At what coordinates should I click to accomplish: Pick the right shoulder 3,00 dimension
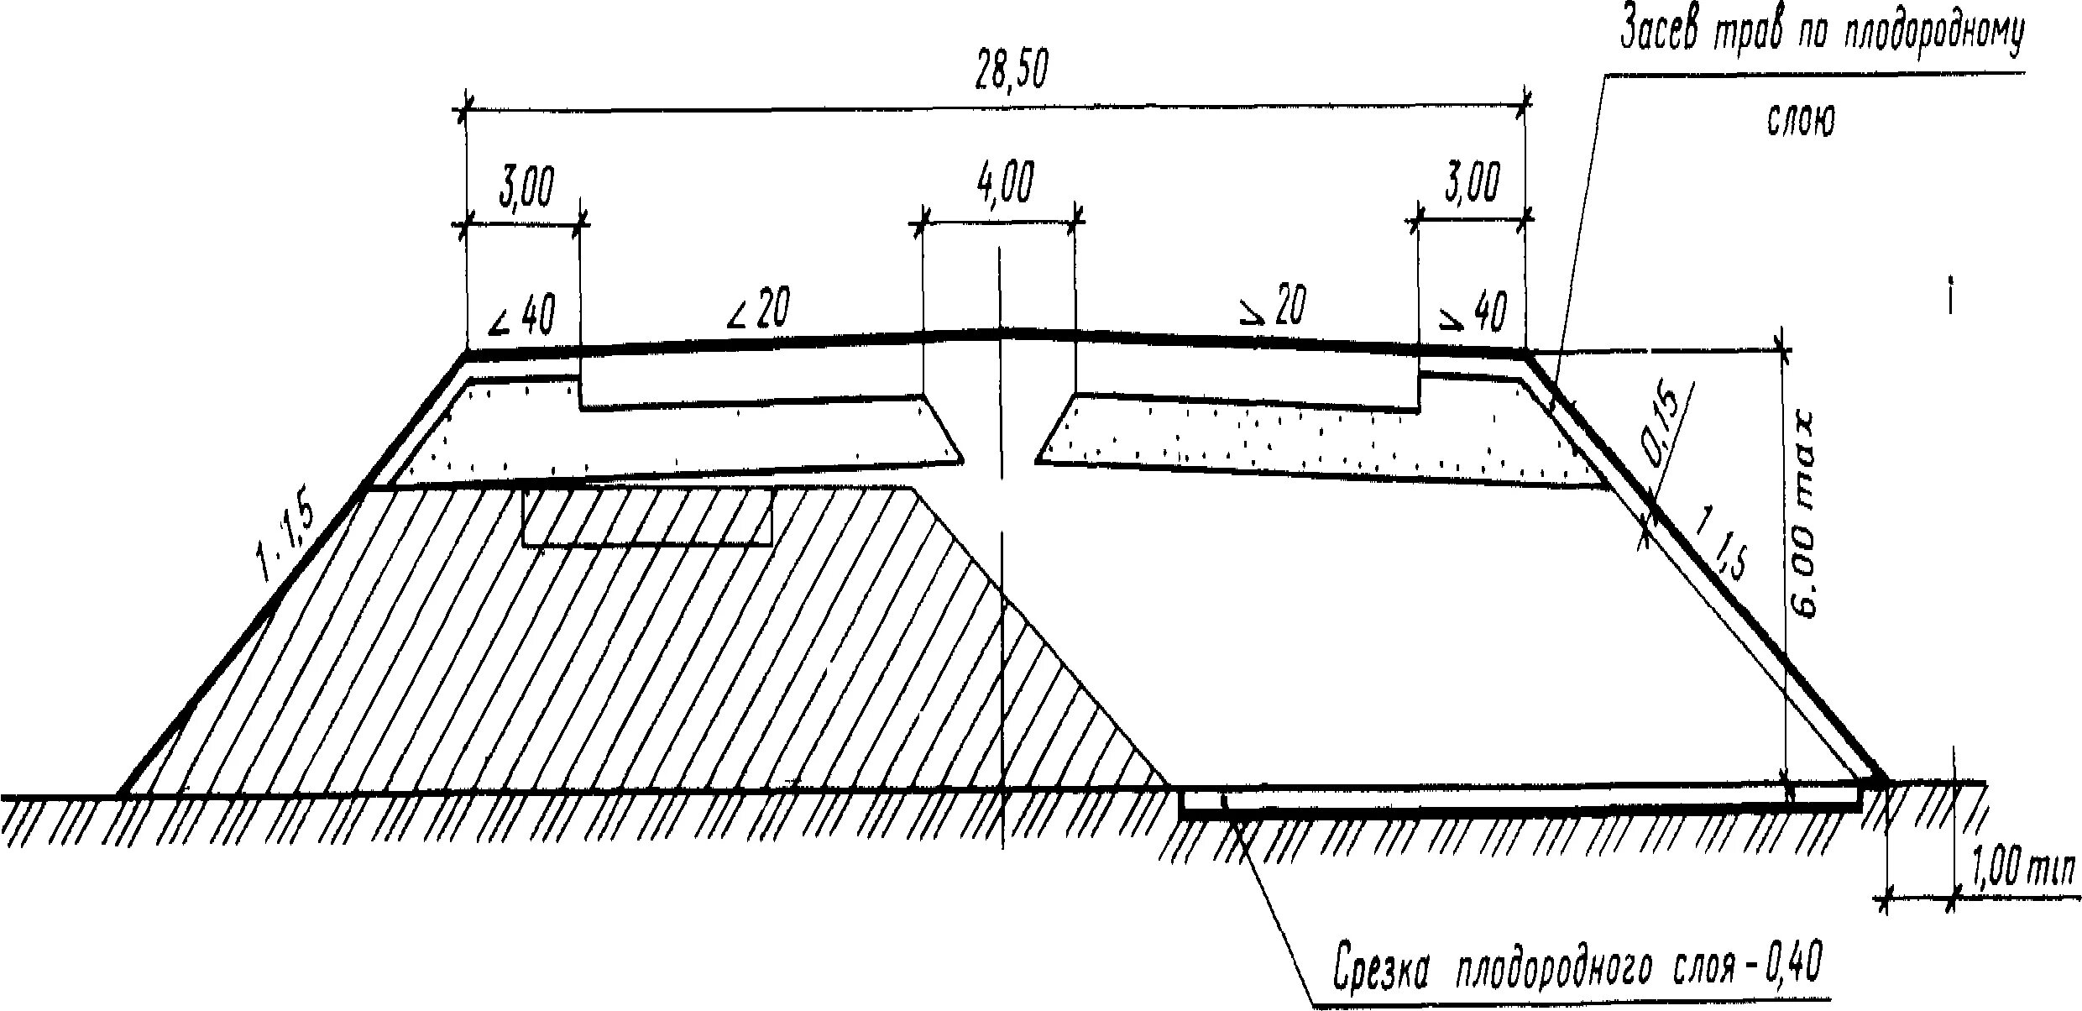pyautogui.click(x=1471, y=184)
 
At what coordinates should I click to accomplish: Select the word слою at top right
pyautogui.click(x=1801, y=120)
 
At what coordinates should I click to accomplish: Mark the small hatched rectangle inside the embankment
pyautogui.click(x=646, y=517)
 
